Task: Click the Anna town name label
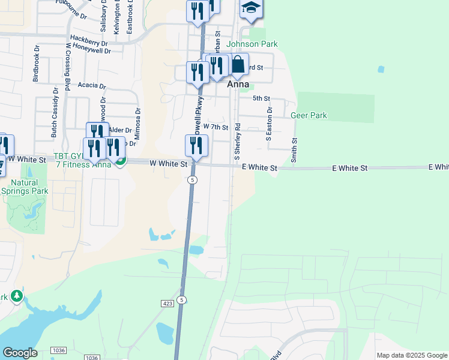(238, 85)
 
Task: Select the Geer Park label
(309, 115)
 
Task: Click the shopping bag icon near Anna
(238, 64)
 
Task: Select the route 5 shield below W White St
(192, 180)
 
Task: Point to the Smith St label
(294, 150)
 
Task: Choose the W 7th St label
(215, 127)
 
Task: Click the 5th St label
(261, 98)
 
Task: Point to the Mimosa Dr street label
(137, 124)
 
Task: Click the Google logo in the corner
(20, 353)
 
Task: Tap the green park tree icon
(17, 296)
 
